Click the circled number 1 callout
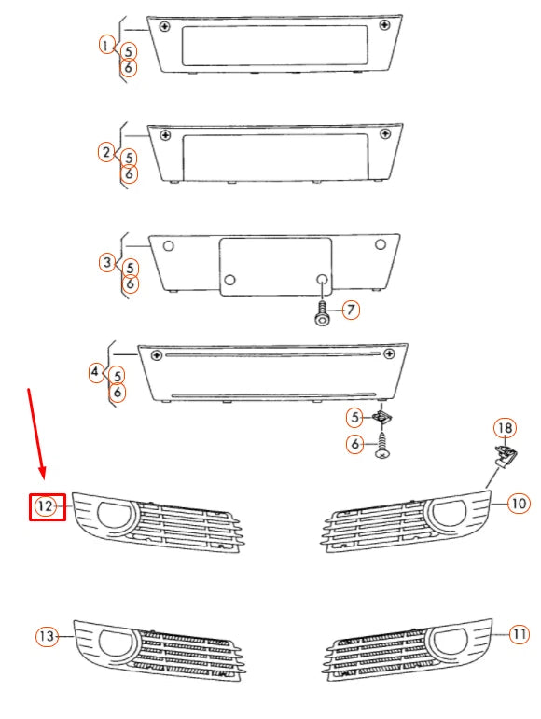point(106,44)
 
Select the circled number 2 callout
point(107,152)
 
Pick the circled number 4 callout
point(97,372)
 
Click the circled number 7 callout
point(351,311)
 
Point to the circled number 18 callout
point(504,428)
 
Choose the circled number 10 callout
point(519,504)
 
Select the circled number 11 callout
point(520,635)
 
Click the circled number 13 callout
point(47,637)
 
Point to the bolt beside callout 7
point(322,312)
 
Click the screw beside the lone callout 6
point(382,447)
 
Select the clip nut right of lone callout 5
point(383,419)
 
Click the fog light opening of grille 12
point(116,515)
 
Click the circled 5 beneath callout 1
point(129,51)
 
